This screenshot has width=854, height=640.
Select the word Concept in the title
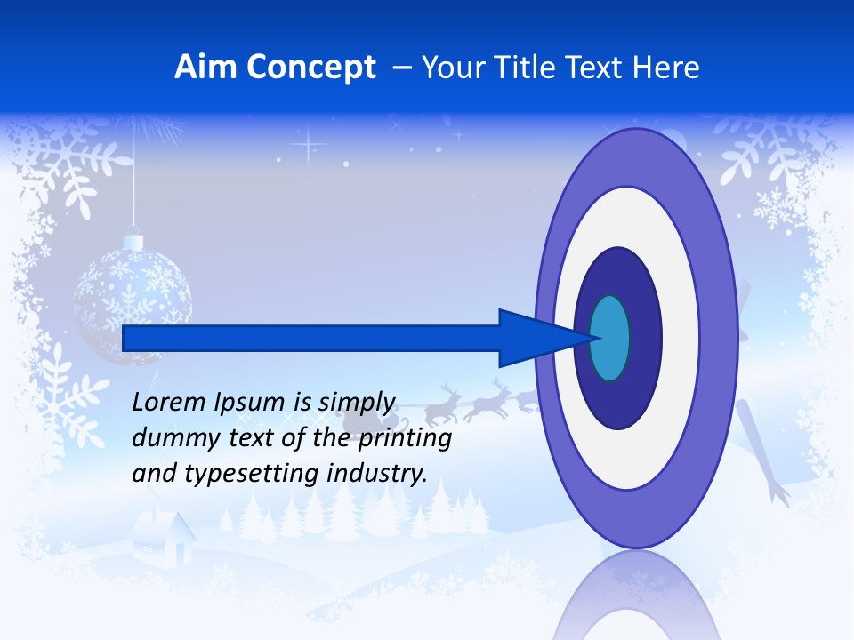(x=311, y=68)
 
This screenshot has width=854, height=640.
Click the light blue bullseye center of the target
(x=609, y=339)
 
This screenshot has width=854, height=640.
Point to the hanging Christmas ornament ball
(x=133, y=298)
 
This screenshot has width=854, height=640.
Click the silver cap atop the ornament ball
(x=133, y=241)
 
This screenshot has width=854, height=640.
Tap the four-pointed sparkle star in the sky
(x=310, y=143)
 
